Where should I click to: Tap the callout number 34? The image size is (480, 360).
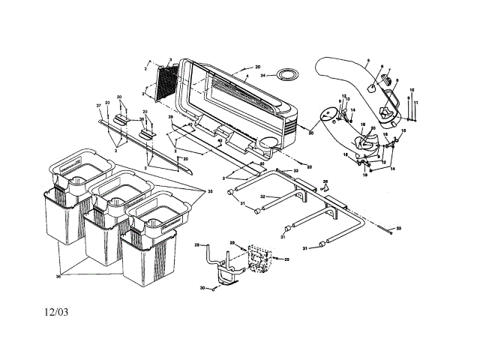pyautogui.click(x=263, y=75)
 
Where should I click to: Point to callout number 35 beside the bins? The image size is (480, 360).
pyautogui.click(x=210, y=191)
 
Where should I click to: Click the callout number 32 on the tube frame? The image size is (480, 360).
pyautogui.click(x=263, y=196)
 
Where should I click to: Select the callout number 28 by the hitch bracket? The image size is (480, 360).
pyautogui.click(x=196, y=245)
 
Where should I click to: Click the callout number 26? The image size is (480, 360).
pyautogui.click(x=325, y=181)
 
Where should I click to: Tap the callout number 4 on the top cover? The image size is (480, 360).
pyautogui.click(x=246, y=76)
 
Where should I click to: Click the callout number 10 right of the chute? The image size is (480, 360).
pyautogui.click(x=410, y=90)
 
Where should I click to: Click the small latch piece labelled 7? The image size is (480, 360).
pyautogui.click(x=388, y=77)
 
